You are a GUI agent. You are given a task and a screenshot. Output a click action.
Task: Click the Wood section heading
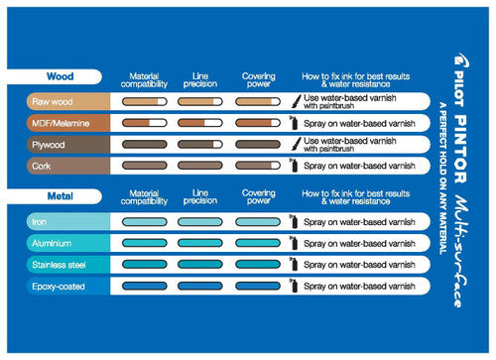61,76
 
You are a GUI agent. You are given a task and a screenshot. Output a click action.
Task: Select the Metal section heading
61,196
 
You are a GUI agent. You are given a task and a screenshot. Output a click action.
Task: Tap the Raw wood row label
53,102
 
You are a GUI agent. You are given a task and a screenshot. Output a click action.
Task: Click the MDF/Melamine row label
61,123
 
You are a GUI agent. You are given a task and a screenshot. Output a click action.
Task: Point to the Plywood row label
49,145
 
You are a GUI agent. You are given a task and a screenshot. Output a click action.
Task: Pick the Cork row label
42,166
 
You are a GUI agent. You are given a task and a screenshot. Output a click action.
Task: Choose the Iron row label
39,222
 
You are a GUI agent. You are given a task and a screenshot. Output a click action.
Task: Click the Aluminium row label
52,243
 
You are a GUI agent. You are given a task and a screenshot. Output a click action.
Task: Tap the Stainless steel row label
59,265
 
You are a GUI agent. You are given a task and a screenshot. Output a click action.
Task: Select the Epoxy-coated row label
59,287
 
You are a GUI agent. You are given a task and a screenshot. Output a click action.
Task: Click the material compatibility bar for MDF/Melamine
145,123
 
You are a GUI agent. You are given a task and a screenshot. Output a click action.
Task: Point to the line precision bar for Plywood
200,144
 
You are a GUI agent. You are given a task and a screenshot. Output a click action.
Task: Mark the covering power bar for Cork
258,166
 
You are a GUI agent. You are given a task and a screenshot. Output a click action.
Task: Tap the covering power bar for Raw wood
258,101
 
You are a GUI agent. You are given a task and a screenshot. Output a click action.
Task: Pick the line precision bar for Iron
200,221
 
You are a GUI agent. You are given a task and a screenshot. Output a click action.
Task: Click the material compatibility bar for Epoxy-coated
145,286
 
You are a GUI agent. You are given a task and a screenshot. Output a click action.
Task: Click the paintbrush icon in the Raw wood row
297,101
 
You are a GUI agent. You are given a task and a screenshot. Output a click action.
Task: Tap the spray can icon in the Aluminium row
294,243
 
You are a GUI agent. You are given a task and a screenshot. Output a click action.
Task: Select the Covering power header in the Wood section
259,80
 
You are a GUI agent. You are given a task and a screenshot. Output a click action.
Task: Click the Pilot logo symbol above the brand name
461,60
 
